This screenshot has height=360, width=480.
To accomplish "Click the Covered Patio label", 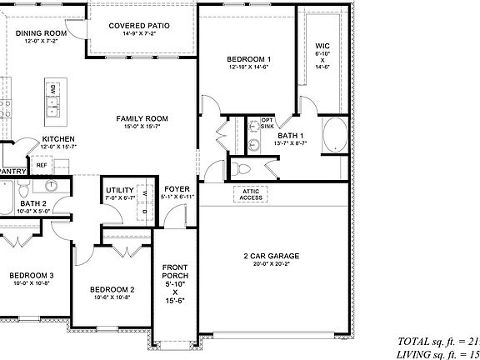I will point(140,26).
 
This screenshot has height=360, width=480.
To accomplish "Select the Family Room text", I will point(142,119).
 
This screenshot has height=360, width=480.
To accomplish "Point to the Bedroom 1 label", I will point(249,59).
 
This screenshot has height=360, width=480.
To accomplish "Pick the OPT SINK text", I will point(267,123).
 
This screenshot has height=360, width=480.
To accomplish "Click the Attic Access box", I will point(252,194).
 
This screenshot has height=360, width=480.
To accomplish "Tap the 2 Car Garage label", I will point(271,256).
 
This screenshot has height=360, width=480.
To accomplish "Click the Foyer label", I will point(177,189).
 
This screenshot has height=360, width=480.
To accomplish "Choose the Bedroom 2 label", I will point(112,290).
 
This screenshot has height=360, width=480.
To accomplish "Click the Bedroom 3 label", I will point(32,276).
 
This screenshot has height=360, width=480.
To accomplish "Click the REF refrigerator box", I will point(42,165).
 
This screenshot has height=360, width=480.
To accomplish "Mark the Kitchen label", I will point(58,139).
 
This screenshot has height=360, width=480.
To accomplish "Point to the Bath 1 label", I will point(291,136).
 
